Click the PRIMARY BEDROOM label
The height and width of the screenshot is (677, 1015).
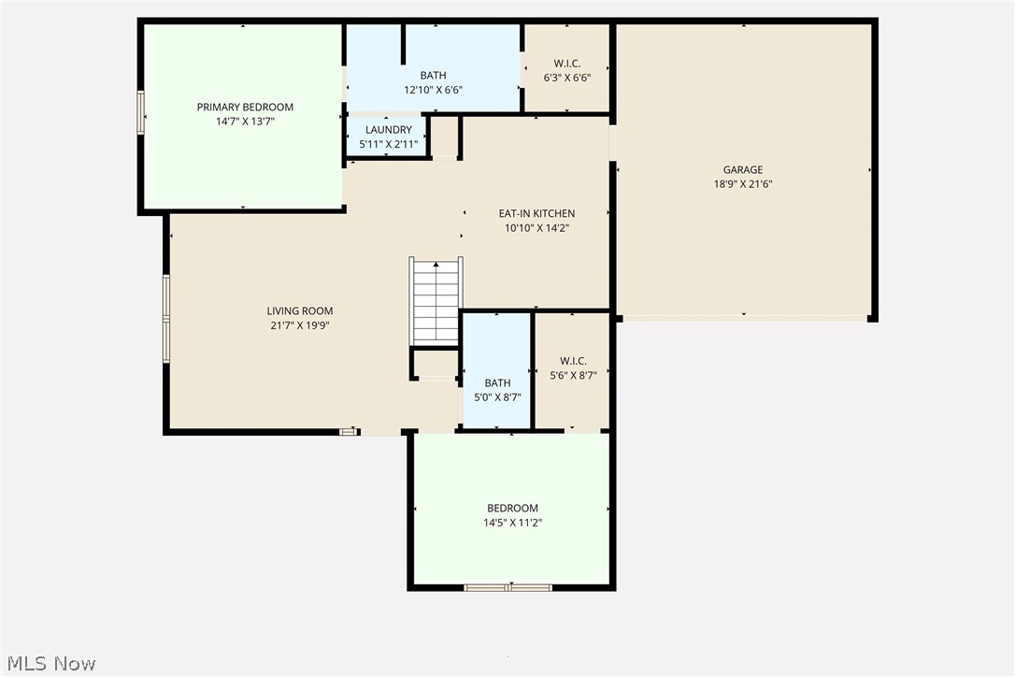245,107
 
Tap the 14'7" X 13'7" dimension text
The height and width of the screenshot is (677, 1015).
245,122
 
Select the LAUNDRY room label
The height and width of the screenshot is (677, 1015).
388,130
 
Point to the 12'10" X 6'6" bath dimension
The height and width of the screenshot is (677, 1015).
433,91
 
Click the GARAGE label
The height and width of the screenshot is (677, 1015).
743,170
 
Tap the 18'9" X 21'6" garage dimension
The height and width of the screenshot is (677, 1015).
743,184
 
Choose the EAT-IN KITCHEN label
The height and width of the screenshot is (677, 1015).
536,213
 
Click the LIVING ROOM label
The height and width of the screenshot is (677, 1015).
300,311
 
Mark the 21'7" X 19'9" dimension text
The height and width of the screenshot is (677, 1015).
300,325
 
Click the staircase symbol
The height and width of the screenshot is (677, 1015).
436,302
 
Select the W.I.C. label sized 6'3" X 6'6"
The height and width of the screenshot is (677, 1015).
567,64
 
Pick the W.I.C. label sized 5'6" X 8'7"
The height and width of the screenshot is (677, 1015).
572,361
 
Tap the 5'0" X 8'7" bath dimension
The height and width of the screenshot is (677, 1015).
497,397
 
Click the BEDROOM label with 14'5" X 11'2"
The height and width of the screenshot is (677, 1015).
512,509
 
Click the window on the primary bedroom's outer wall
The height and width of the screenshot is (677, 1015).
141,112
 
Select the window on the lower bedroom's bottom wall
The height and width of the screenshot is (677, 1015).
508,587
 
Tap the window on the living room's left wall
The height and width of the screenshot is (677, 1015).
166,318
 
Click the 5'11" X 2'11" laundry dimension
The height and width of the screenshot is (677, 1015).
388,145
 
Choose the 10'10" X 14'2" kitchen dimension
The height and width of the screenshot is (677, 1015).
536,227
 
